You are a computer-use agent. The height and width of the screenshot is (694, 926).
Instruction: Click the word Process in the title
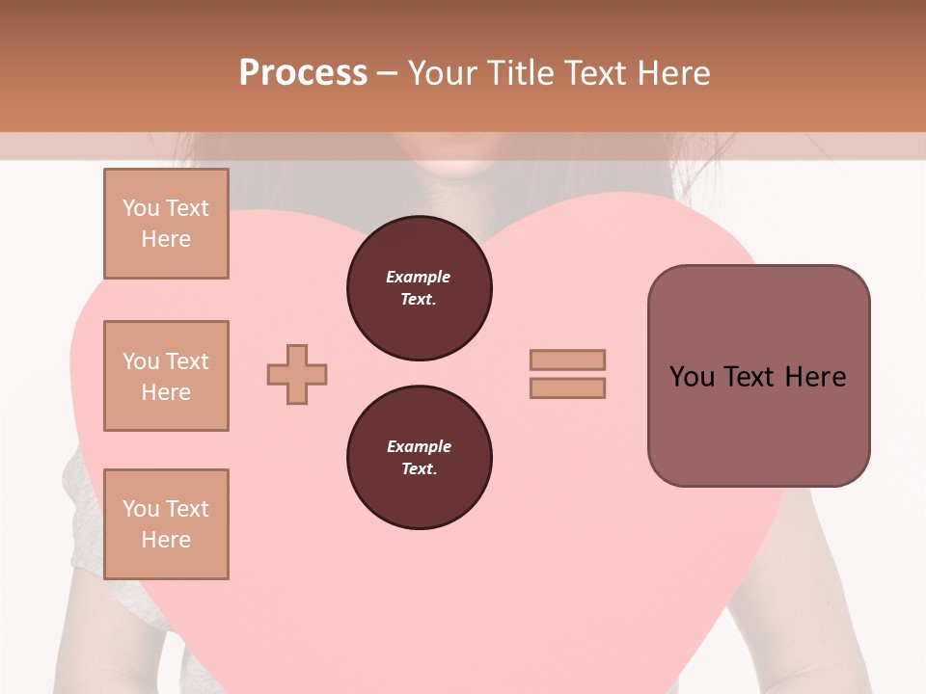tap(303, 73)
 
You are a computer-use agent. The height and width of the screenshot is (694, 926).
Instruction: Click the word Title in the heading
tap(521, 73)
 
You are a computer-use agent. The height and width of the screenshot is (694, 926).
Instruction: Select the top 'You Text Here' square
tap(166, 224)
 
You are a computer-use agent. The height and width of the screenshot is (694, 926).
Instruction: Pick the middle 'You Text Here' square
tap(166, 376)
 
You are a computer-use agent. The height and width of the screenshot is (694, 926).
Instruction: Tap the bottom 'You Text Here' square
tap(166, 524)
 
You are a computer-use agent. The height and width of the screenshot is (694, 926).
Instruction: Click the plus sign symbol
tap(297, 374)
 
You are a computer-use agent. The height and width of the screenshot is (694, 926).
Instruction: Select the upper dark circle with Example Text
tap(419, 288)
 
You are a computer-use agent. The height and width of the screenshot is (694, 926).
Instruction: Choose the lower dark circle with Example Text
tap(419, 458)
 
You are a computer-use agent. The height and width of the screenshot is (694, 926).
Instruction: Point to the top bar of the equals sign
tap(567, 360)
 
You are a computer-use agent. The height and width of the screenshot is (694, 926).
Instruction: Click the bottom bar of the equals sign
tap(567, 388)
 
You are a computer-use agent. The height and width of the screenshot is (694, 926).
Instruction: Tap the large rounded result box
tap(758, 424)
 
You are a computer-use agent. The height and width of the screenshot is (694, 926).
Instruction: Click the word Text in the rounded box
tap(749, 377)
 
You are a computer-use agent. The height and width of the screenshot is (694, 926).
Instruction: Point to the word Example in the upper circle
tap(419, 277)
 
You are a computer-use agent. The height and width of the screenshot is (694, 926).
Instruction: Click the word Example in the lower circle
tap(419, 446)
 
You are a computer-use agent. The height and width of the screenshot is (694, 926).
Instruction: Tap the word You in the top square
tap(140, 208)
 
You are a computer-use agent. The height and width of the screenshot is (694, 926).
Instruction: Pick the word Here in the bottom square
tap(166, 540)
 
